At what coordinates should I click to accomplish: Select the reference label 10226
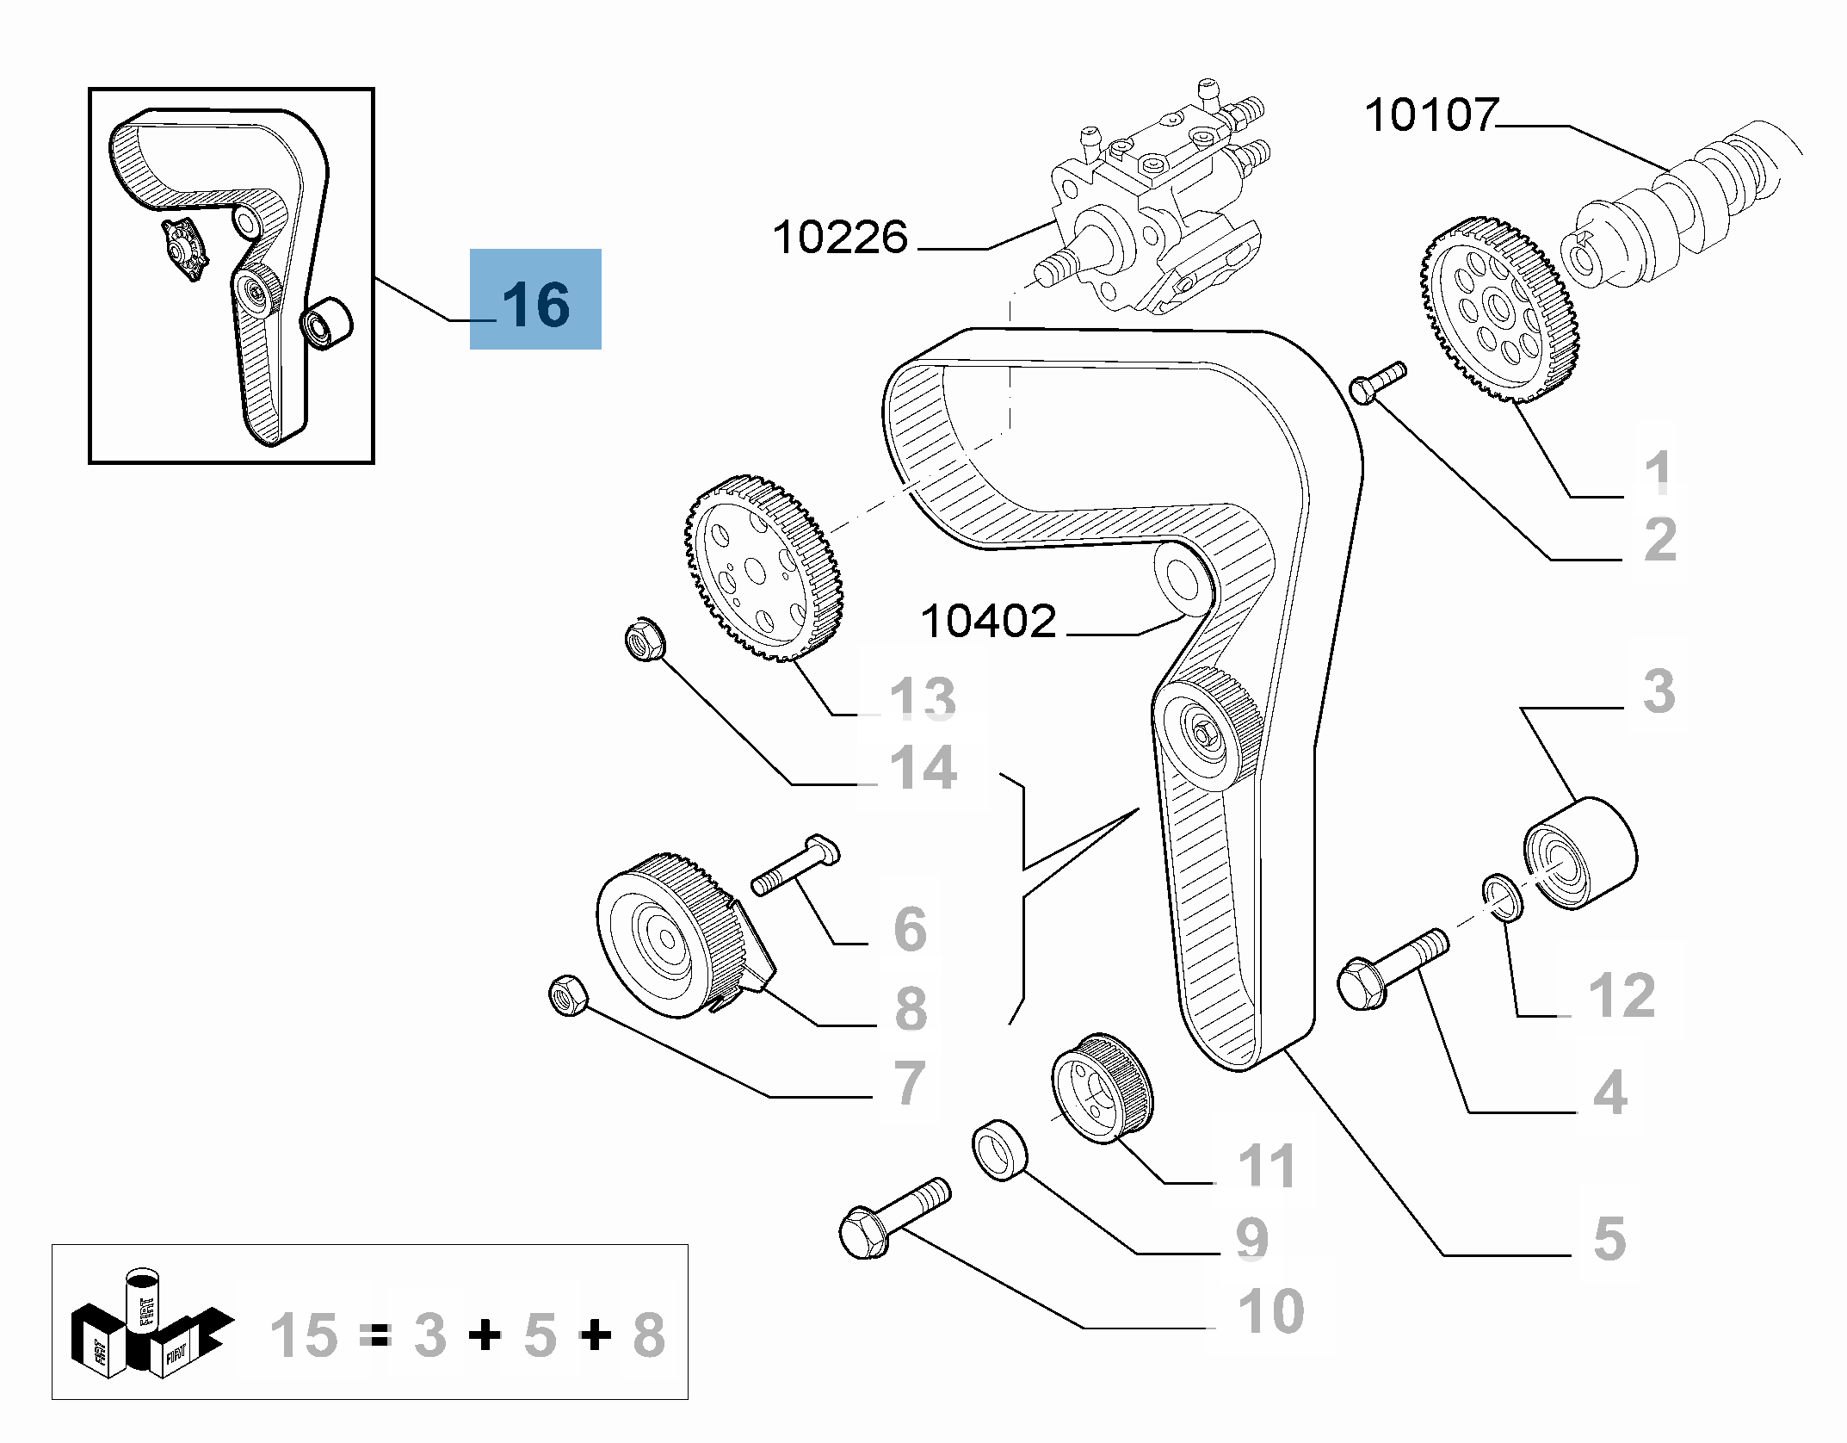(x=840, y=237)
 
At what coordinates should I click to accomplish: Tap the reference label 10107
(x=1431, y=115)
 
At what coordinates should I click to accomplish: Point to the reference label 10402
(x=988, y=621)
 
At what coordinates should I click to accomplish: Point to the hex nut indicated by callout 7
(x=568, y=995)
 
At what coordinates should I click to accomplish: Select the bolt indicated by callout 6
(x=795, y=865)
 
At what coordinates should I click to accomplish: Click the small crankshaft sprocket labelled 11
(x=1102, y=1088)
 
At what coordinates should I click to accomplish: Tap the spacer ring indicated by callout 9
(x=1000, y=1149)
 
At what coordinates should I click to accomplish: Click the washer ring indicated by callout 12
(x=1503, y=897)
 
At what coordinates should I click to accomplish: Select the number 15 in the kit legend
(x=303, y=1335)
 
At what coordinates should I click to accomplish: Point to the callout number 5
(x=1609, y=1239)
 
